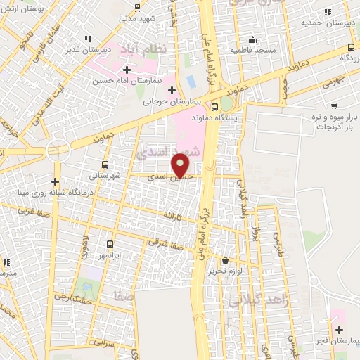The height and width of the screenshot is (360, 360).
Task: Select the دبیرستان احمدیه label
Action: (326, 22)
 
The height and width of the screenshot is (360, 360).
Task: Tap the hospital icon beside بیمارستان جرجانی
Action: (172, 89)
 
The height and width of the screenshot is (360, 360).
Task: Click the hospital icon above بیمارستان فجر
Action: (340, 329)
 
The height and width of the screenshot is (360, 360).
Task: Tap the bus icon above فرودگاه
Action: (351, 46)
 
